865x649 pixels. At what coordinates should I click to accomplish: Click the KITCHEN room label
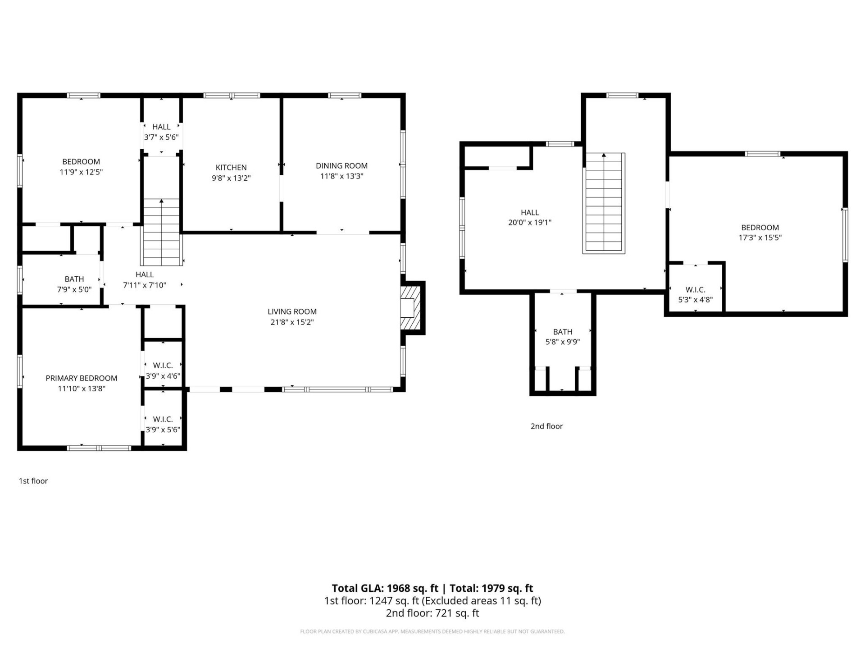pyautogui.click(x=231, y=167)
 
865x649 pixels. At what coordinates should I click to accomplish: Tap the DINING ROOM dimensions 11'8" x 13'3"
pyautogui.click(x=341, y=176)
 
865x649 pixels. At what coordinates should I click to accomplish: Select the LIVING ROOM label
pyautogui.click(x=292, y=311)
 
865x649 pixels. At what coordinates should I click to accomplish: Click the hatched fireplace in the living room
pyautogui.click(x=410, y=308)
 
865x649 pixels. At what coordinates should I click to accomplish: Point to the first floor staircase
pyautogui.click(x=161, y=232)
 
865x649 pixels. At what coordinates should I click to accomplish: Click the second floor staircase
pyautogui.click(x=604, y=203)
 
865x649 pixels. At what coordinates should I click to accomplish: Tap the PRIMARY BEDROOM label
pyautogui.click(x=82, y=378)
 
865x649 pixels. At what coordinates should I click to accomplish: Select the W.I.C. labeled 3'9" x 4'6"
pyautogui.click(x=163, y=370)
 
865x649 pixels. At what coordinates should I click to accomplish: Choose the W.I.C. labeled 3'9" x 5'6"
pyautogui.click(x=163, y=424)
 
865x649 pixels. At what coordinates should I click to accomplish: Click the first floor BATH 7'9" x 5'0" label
pyautogui.click(x=74, y=284)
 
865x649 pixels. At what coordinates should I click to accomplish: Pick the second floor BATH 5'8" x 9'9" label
pyautogui.click(x=563, y=337)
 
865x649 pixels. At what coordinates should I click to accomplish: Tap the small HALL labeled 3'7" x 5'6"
pyautogui.click(x=161, y=132)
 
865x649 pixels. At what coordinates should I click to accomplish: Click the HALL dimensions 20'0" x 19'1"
pyautogui.click(x=530, y=222)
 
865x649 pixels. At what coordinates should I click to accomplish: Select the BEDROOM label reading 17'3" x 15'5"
pyautogui.click(x=760, y=233)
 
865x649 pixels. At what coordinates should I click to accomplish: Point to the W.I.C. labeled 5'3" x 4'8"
pyautogui.click(x=695, y=294)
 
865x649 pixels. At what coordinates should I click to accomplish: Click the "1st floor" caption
pyautogui.click(x=33, y=481)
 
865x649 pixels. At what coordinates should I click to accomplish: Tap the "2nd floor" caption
pyautogui.click(x=546, y=426)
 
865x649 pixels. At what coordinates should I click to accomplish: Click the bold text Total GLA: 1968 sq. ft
pyautogui.click(x=385, y=588)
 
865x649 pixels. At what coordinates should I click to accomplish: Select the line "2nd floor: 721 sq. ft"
pyautogui.click(x=432, y=613)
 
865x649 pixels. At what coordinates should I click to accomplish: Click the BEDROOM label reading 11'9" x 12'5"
pyautogui.click(x=81, y=166)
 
